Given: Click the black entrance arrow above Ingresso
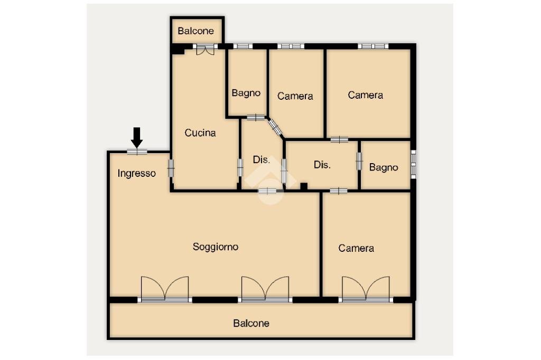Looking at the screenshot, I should click(137, 137).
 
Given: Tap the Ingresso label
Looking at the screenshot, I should click(137, 173).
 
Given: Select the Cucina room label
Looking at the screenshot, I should click(200, 133).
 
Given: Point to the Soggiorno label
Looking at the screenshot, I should click(215, 247).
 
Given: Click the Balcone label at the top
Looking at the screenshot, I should click(196, 31).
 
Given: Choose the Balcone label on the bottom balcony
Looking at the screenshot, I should click(251, 323).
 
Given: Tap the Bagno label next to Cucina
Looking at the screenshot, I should click(246, 93).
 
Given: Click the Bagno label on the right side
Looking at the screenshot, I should click(384, 167).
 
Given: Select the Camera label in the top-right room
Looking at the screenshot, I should click(366, 95).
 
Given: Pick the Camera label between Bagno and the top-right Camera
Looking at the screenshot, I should click(295, 96).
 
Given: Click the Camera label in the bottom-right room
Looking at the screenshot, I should click(356, 248).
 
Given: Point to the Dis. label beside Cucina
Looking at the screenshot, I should click(262, 159).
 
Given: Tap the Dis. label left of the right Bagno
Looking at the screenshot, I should click(322, 165).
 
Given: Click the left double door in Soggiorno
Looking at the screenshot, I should click(165, 289).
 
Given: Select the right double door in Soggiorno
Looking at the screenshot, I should click(265, 289).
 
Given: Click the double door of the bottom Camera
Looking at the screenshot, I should click(366, 289).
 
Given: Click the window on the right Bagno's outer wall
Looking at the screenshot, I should click(414, 164).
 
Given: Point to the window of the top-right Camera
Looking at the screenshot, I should click(373, 46).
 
